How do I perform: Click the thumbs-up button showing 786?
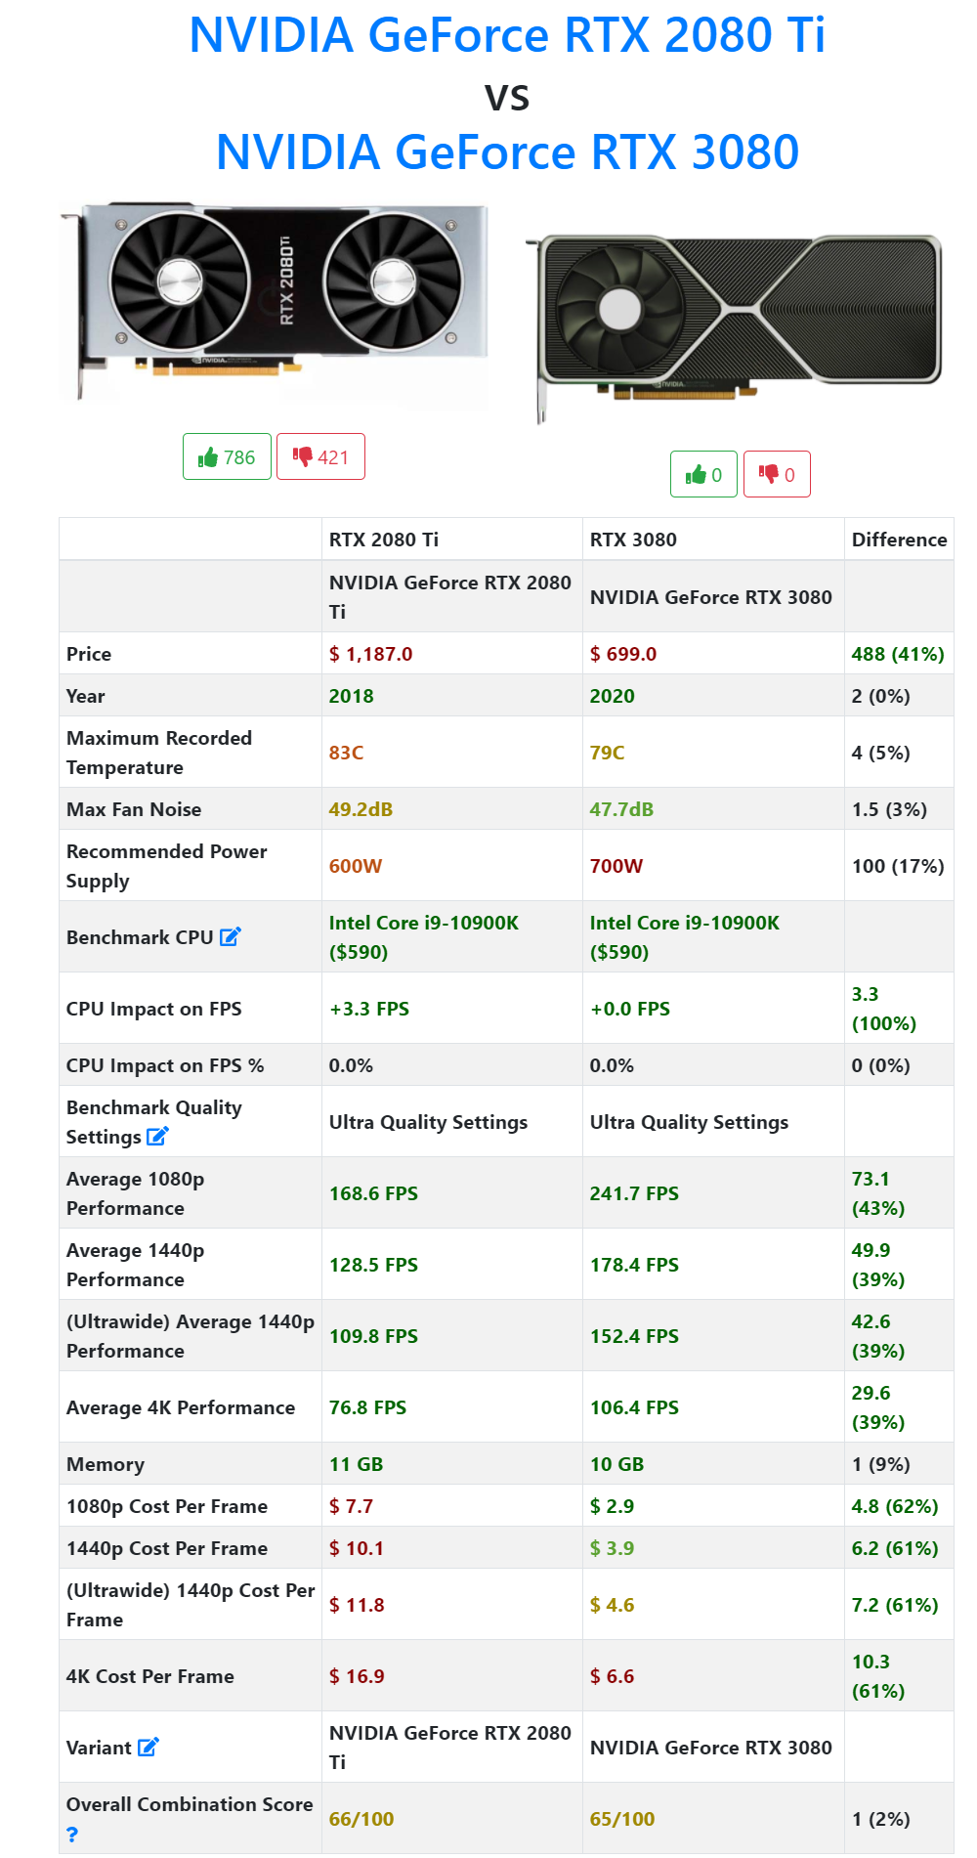[227, 457]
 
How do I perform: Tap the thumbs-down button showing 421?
[320, 457]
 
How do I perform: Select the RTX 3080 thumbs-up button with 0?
[703, 475]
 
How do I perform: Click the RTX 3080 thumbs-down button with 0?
[777, 475]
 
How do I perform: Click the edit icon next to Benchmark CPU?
[231, 936]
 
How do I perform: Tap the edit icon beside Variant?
[149, 1747]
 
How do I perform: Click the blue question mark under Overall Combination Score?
[72, 1835]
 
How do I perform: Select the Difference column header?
[899, 540]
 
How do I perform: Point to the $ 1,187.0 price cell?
[371, 654]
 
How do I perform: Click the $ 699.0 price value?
[623, 654]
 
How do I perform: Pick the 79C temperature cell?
[608, 753]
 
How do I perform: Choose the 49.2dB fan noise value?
[361, 809]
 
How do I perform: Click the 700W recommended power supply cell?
[616, 866]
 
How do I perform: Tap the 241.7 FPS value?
[634, 1193]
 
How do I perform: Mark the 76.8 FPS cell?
[367, 1407]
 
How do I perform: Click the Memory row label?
[106, 1464]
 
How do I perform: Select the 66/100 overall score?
[361, 1819]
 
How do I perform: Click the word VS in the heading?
[507, 98]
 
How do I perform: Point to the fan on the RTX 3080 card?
[619, 310]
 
